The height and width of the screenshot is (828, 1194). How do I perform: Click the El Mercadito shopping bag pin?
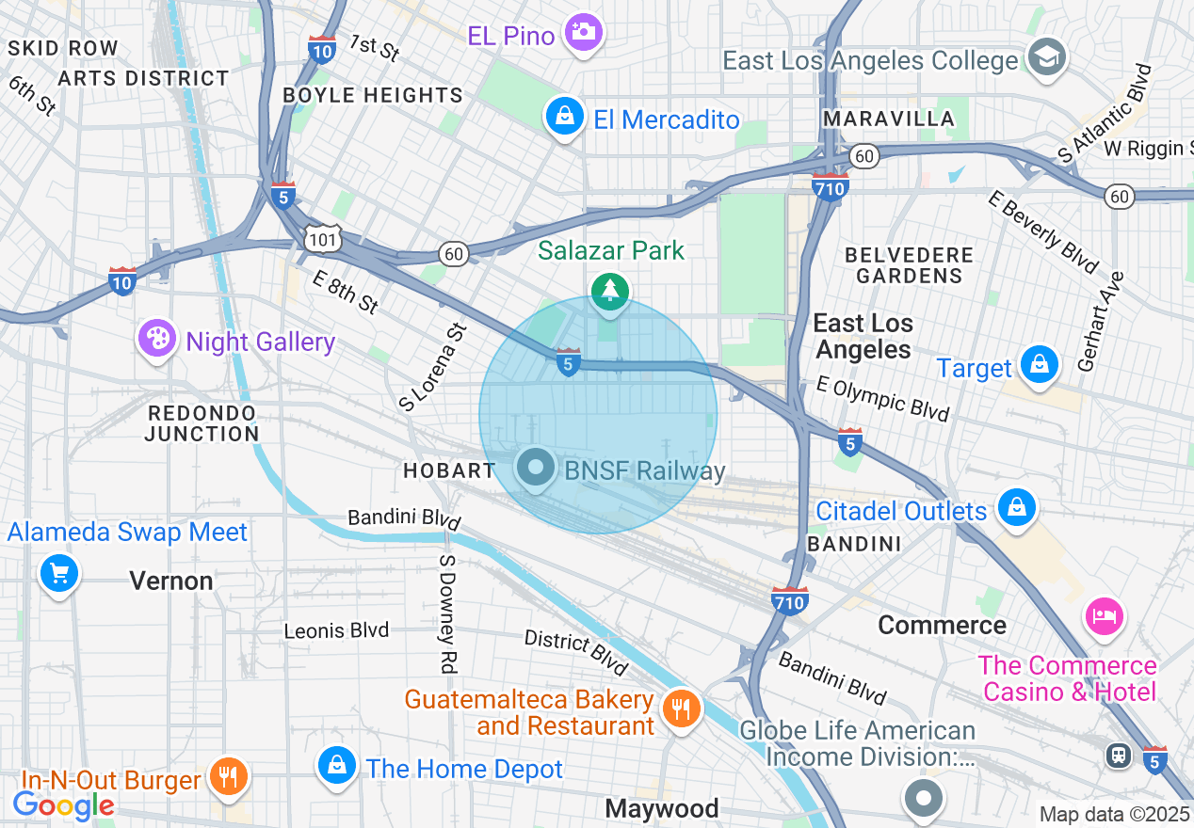click(x=563, y=118)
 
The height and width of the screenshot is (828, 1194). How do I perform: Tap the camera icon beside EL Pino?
click(x=583, y=33)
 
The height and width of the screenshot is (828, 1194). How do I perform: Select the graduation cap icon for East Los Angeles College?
click(x=1044, y=57)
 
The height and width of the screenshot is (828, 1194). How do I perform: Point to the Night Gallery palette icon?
click(x=156, y=340)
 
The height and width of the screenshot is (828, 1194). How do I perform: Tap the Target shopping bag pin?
click(x=1040, y=365)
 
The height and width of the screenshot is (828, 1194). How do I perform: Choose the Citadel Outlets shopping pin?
click(x=1017, y=508)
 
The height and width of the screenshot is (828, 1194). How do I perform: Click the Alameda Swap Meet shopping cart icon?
click(x=58, y=573)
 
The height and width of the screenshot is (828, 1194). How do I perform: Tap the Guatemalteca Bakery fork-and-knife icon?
click(x=680, y=709)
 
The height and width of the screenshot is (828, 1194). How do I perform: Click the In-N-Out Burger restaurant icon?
click(x=227, y=777)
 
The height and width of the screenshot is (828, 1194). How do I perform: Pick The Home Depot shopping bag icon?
click(x=336, y=767)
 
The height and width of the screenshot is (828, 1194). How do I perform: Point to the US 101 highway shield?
click(x=322, y=241)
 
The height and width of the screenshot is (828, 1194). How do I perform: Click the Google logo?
click(x=62, y=805)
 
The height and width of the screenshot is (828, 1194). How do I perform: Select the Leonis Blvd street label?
click(x=336, y=629)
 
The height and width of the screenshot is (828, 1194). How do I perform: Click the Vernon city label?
click(x=171, y=581)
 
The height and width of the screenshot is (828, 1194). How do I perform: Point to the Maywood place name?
click(x=662, y=808)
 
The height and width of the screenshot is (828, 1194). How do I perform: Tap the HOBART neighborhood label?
click(x=449, y=470)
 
